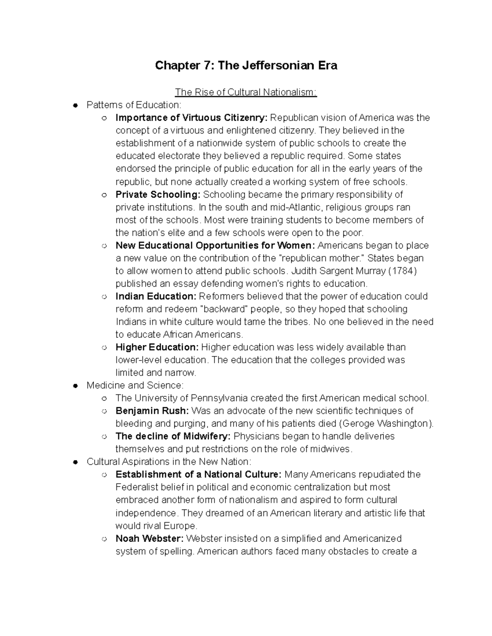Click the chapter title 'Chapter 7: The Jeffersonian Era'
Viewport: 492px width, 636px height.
(x=246, y=66)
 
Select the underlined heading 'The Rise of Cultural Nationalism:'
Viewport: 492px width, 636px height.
(x=246, y=93)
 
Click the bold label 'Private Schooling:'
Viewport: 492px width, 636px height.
(x=158, y=195)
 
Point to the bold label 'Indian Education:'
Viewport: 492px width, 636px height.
(x=156, y=296)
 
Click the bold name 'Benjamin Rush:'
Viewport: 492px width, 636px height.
(x=152, y=411)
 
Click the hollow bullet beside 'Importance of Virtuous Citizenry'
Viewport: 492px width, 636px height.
(x=105, y=118)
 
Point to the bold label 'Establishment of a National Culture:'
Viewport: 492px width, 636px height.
(x=198, y=475)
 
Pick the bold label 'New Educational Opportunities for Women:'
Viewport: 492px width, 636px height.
(x=215, y=246)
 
